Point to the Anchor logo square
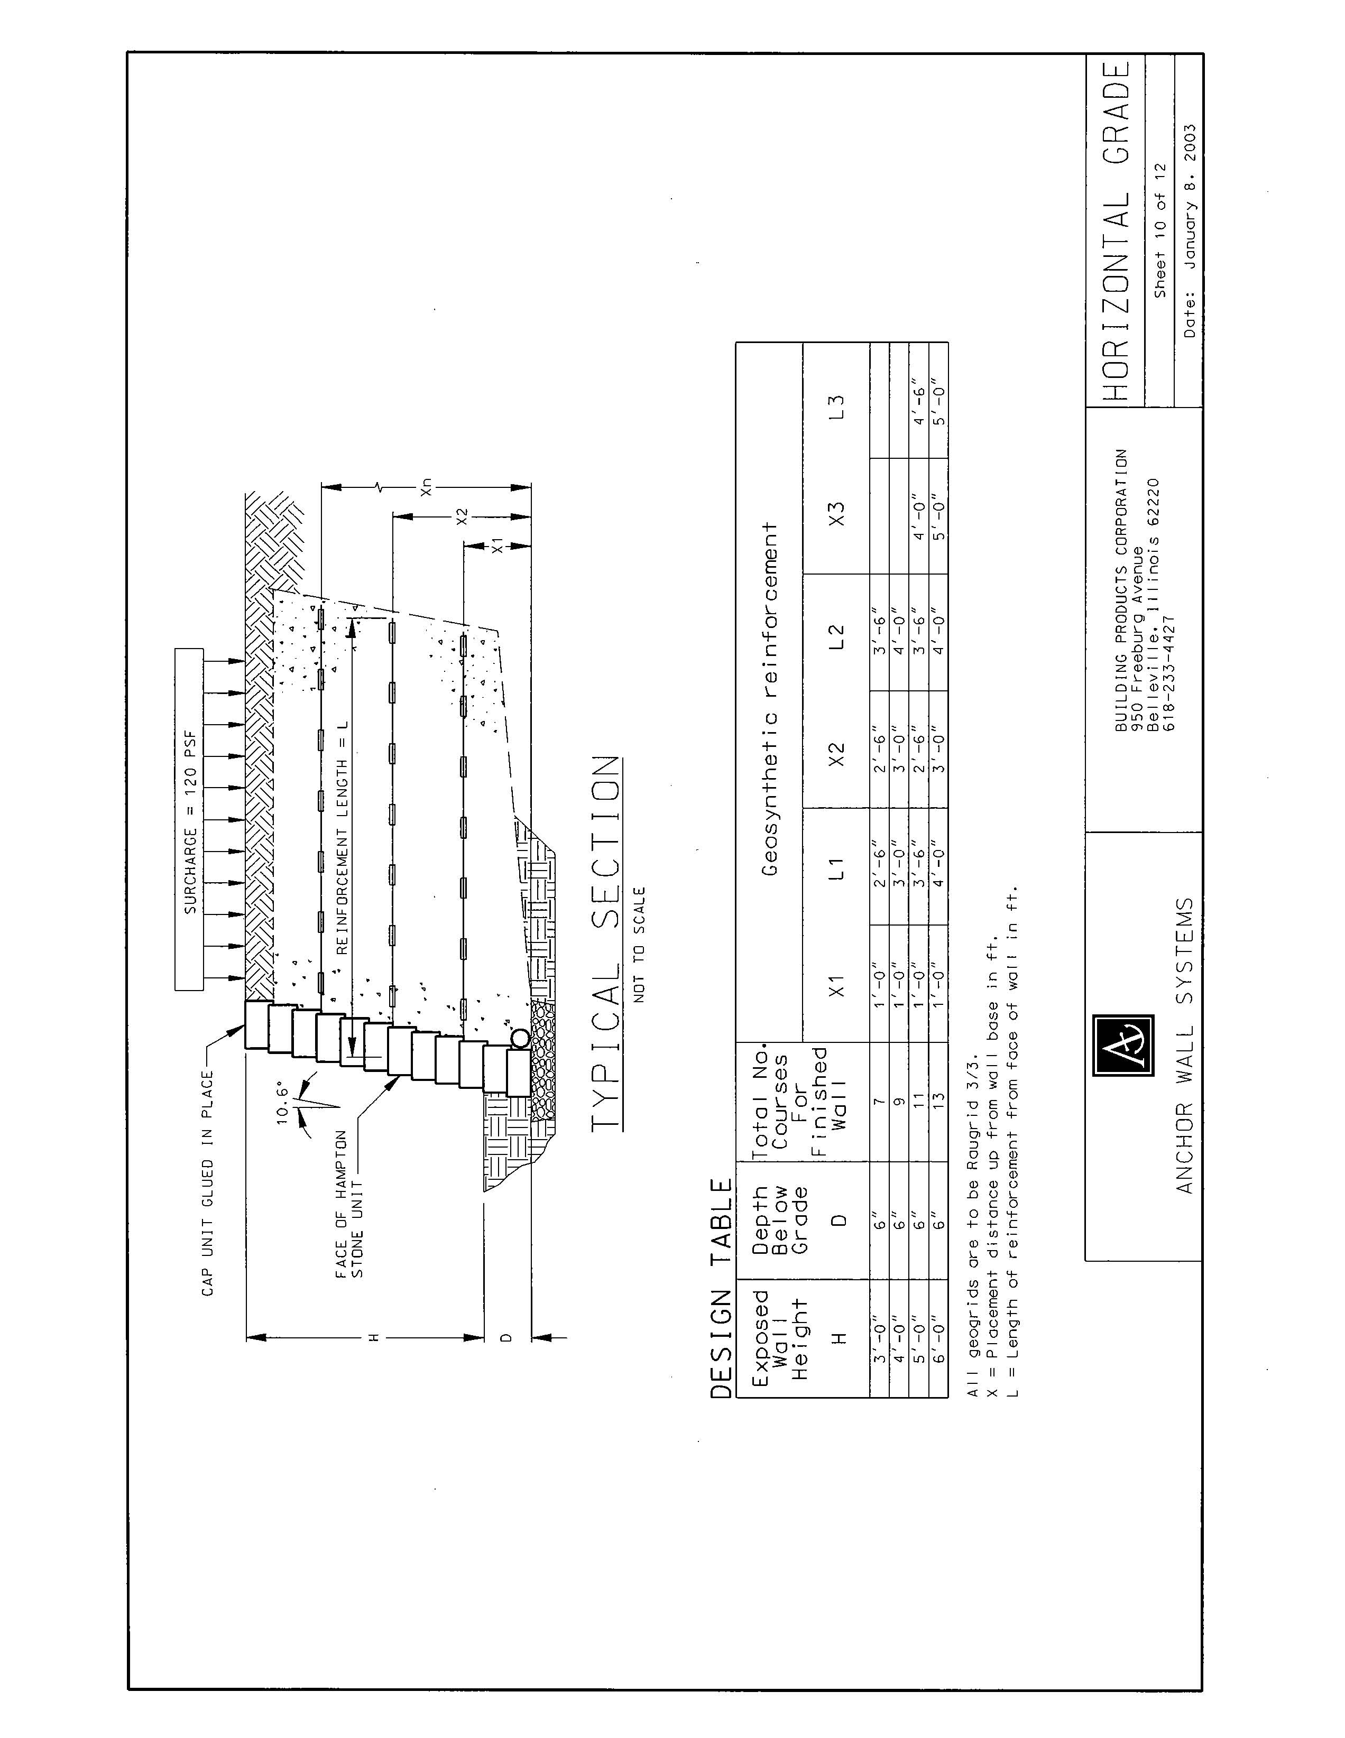(x=1123, y=1045)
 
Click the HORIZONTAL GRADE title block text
(x=1117, y=231)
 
